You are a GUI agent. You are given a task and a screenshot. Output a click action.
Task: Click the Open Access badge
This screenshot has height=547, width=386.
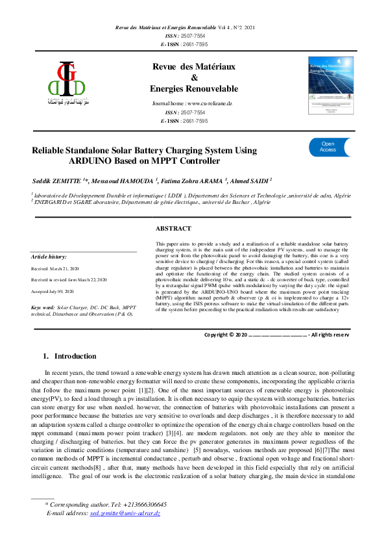click(328, 147)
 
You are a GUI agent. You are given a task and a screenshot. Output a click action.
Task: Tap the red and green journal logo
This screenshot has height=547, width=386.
click(66, 83)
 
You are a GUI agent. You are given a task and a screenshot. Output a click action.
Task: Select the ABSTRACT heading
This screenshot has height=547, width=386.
click(173, 229)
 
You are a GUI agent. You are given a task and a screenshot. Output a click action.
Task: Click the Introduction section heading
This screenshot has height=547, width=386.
click(75, 356)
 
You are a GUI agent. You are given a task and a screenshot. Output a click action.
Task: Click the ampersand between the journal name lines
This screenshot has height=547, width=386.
click(193, 77)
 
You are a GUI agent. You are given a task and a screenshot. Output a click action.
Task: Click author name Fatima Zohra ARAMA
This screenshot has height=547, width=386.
click(194, 179)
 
